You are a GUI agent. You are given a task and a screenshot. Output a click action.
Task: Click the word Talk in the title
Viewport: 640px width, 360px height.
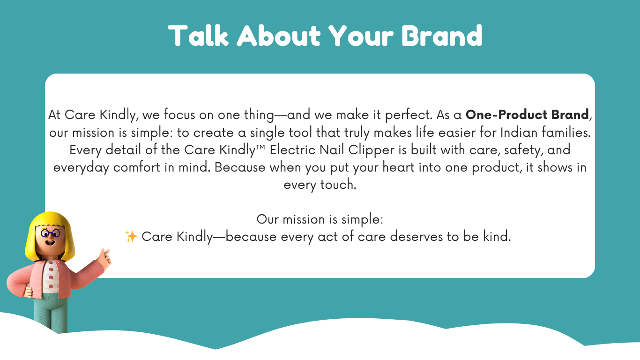tap(198, 36)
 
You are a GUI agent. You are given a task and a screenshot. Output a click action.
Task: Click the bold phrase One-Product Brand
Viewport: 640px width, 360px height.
tap(527, 115)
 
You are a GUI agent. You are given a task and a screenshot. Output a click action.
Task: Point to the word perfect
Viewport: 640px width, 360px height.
tap(409, 115)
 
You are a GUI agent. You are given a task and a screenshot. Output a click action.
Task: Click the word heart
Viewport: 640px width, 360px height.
tap(398, 167)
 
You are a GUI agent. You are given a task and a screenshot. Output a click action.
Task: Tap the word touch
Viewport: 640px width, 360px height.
tap(338, 185)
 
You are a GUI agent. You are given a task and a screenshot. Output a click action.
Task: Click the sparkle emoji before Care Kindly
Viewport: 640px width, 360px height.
tap(131, 236)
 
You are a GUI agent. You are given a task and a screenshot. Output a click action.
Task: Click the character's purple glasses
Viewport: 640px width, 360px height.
tap(50, 233)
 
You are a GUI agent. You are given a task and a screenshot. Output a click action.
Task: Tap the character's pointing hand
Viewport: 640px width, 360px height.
tap(104, 258)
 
